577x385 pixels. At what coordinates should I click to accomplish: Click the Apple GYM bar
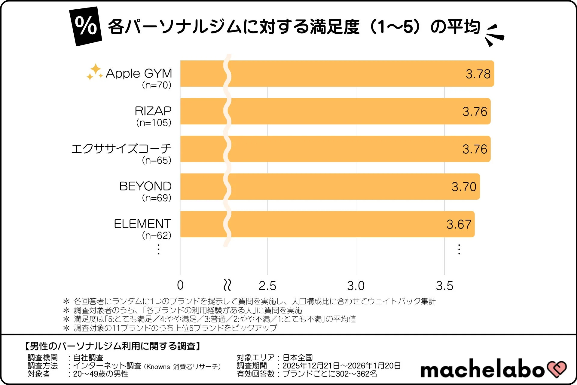click(x=337, y=74)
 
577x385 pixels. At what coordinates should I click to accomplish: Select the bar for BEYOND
click(x=331, y=186)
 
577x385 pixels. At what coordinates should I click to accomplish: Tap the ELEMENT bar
click(x=328, y=224)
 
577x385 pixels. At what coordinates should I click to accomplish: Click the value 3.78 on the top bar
click(x=478, y=74)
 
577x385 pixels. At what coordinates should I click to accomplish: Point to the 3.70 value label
click(x=464, y=187)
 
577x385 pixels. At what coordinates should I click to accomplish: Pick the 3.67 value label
click(x=459, y=224)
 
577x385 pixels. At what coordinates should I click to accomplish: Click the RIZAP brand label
click(x=153, y=111)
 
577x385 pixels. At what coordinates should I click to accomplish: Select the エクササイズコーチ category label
click(x=121, y=149)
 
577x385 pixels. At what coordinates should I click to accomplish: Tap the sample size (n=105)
click(x=154, y=123)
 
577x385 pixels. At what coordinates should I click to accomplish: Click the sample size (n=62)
click(x=157, y=236)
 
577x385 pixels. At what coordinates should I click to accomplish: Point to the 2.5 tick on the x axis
click(x=267, y=286)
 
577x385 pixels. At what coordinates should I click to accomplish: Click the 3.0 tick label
click(x=356, y=286)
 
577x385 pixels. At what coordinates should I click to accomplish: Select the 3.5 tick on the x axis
click(x=444, y=286)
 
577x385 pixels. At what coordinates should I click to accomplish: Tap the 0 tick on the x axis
click(x=180, y=285)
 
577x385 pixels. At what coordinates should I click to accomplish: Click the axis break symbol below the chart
click(x=227, y=285)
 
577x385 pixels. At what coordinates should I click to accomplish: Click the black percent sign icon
click(x=86, y=26)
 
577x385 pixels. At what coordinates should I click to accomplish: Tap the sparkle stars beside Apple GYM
click(x=95, y=72)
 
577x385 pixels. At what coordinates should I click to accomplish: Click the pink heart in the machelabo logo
click(x=557, y=369)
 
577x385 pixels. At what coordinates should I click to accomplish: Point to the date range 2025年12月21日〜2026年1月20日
click(x=341, y=366)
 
